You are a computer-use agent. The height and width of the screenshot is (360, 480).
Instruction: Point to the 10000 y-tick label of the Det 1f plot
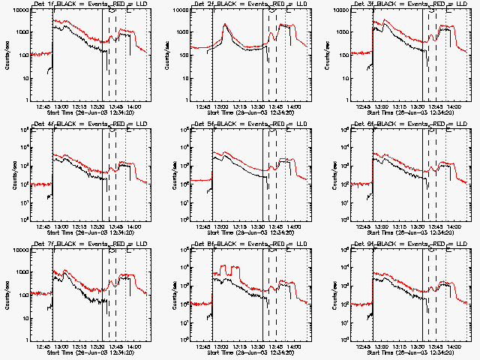click(16, 10)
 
